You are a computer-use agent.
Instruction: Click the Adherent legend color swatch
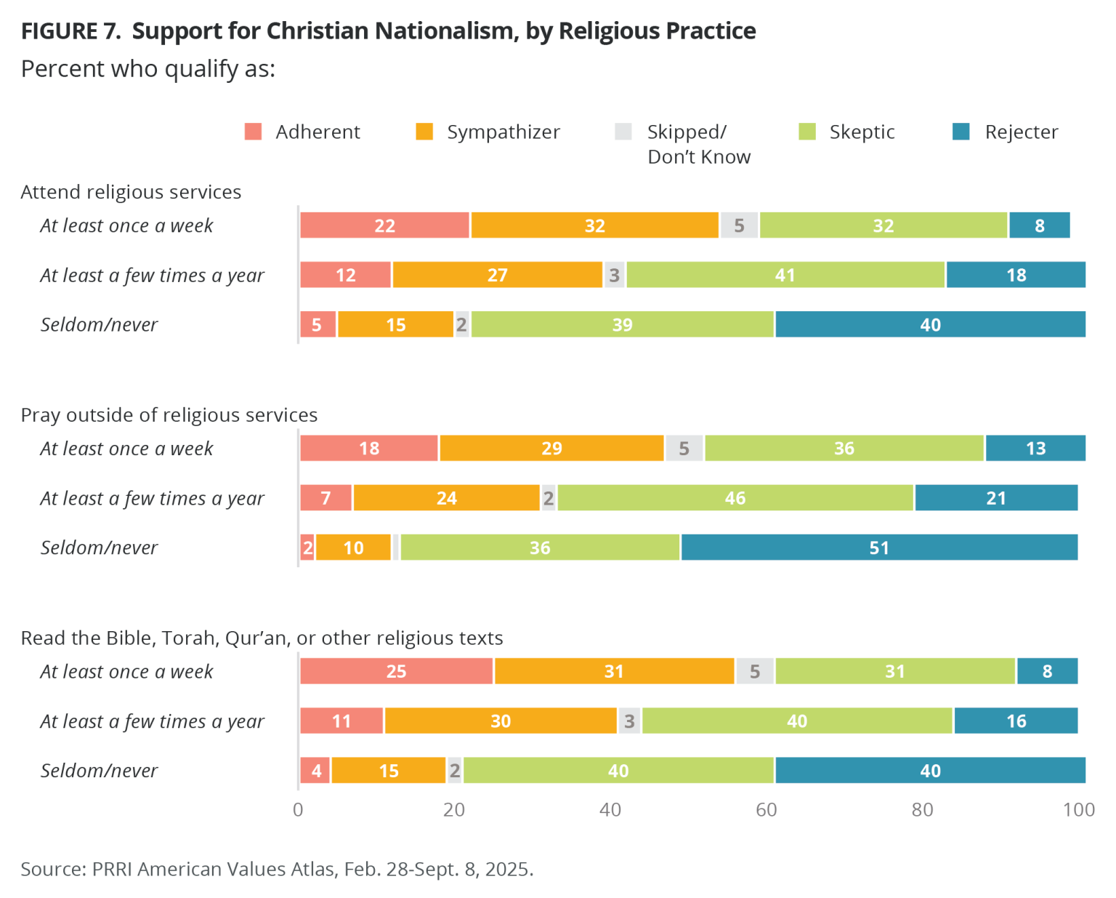[253, 132]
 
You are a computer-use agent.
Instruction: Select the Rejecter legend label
[1021, 132]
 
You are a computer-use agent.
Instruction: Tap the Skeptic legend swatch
[807, 132]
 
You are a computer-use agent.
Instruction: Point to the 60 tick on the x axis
[766, 810]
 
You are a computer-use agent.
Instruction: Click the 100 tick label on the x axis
[1078, 810]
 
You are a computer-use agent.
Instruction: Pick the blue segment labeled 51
[879, 548]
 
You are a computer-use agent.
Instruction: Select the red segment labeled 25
[396, 671]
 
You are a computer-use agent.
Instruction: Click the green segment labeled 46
[735, 498]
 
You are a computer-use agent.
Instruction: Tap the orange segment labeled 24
[446, 498]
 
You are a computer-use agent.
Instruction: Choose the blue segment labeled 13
[1035, 449]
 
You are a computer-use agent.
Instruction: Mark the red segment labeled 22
[384, 225]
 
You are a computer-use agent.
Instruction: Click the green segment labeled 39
[622, 324]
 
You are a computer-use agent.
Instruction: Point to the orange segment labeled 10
[353, 548]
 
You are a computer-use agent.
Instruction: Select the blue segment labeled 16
[1016, 721]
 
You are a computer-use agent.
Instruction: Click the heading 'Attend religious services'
[131, 192]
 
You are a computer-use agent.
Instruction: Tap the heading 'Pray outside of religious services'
[169, 415]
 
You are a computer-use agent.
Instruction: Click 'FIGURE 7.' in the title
[70, 31]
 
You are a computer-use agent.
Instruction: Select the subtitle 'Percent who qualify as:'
[147, 69]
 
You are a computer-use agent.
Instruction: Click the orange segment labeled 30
[501, 721]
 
